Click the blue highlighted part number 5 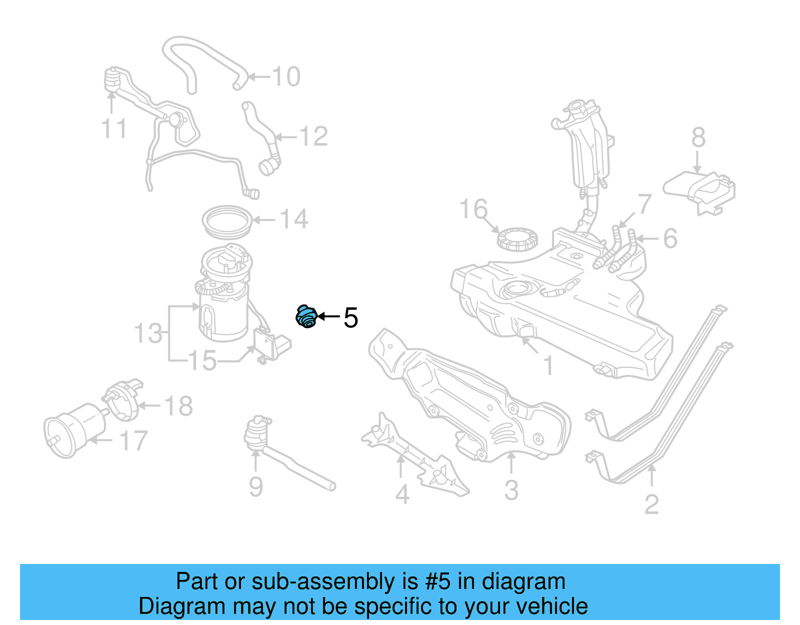coord(306,317)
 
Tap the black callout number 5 coord(351,318)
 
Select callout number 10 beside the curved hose coord(286,77)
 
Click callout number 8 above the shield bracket coord(698,137)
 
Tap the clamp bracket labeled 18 coord(123,399)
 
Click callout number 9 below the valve coord(256,486)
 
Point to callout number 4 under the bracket coord(402,494)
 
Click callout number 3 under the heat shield coord(511,490)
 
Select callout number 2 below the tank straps coord(651,504)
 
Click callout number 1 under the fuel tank coord(548,366)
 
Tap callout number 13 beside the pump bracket coord(148,334)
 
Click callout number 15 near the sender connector coord(203,361)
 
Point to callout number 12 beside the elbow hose coord(313,136)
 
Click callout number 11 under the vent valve coord(114,128)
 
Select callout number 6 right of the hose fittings coord(670,239)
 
